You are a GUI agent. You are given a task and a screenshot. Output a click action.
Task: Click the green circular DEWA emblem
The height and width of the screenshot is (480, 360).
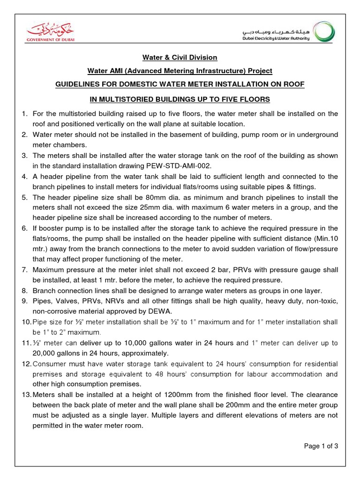[324, 33]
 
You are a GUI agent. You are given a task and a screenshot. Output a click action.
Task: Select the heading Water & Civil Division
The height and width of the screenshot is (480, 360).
[180, 57]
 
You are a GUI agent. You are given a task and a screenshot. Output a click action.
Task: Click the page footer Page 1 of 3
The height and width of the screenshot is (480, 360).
[321, 446]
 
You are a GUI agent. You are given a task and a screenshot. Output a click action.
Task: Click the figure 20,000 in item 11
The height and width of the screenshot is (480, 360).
[44, 353]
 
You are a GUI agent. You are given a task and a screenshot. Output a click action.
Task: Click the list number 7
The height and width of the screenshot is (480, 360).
[24, 270]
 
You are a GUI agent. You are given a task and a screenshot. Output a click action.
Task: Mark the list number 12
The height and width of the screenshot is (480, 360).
[26, 364]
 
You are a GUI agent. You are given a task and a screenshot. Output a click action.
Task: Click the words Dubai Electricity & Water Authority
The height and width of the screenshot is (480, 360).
[276, 38]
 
